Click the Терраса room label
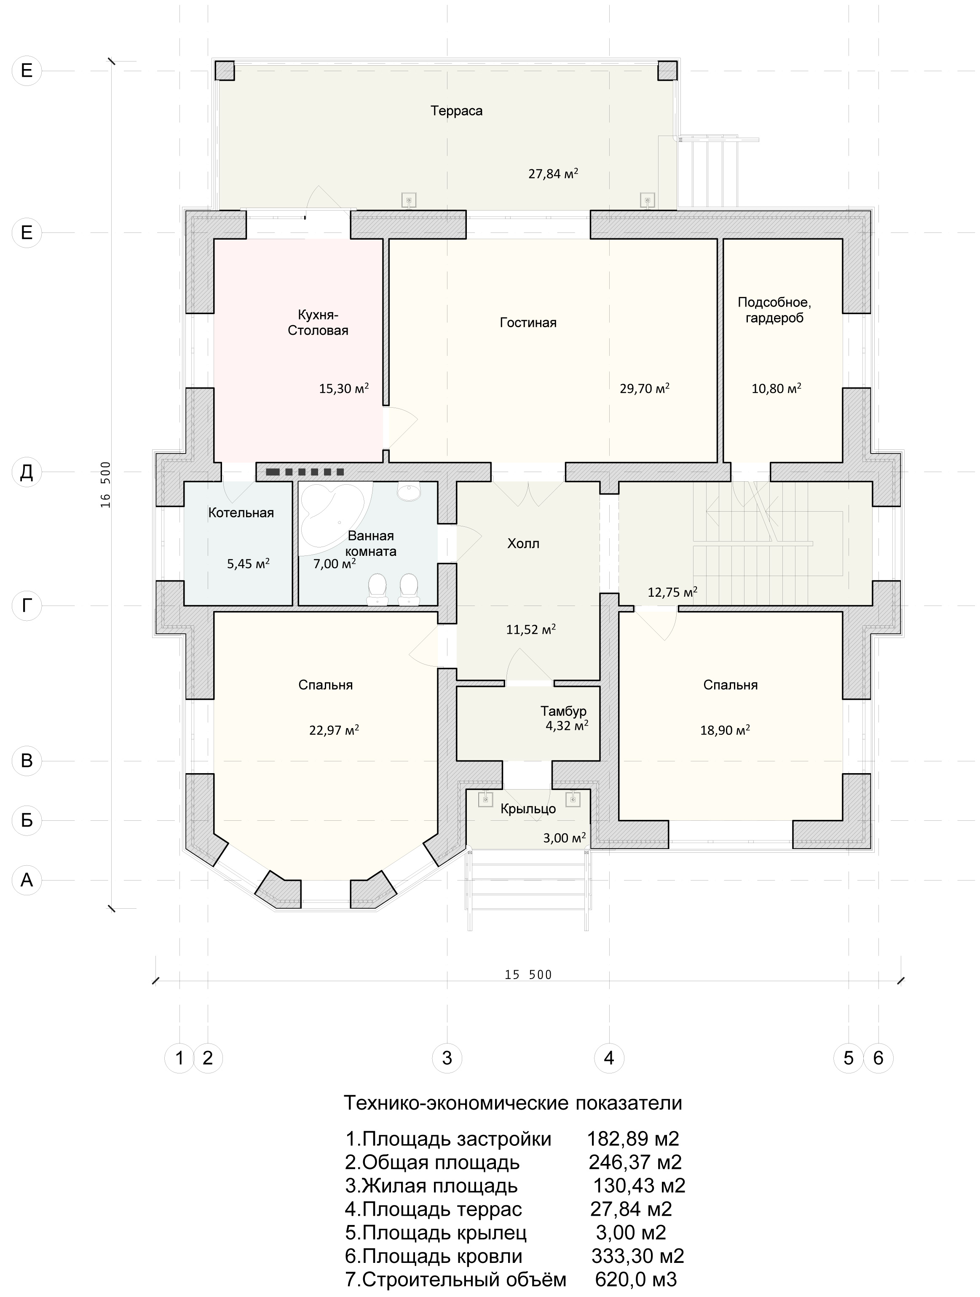(x=457, y=111)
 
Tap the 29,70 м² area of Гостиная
(x=644, y=388)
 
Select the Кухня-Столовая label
(x=318, y=323)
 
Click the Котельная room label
(x=241, y=513)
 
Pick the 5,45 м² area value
(x=248, y=564)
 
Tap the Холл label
(x=523, y=544)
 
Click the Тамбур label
(x=563, y=711)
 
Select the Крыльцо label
(x=528, y=809)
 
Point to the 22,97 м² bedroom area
(x=334, y=731)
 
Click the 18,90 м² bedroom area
(x=725, y=731)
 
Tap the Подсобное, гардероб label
(x=774, y=310)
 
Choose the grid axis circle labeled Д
(x=27, y=472)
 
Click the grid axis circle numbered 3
(x=447, y=1058)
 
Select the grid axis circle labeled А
(x=27, y=880)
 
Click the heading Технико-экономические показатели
(x=512, y=1103)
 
